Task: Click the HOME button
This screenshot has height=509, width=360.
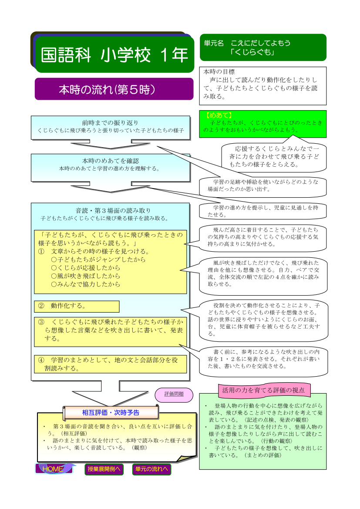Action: coord(54,469)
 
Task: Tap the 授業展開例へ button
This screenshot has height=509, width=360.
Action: coord(104,469)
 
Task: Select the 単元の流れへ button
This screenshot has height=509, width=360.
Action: coord(151,469)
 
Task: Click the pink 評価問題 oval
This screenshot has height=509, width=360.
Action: coord(174,395)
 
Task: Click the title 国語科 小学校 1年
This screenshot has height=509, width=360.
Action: coord(114,54)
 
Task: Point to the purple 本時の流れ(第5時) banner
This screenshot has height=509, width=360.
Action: coord(114,89)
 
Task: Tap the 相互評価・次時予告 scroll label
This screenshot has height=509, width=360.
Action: coord(111,413)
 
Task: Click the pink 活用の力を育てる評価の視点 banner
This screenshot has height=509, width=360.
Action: coord(263,390)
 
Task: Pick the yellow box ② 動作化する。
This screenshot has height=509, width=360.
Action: coord(77,306)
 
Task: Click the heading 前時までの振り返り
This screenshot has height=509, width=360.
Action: coord(111,123)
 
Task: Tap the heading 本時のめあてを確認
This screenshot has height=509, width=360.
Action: coord(111,161)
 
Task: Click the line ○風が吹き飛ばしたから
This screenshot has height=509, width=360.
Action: coord(86,276)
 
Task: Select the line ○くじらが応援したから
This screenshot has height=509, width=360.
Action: coord(86,268)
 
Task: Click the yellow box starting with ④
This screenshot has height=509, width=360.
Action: coord(111,364)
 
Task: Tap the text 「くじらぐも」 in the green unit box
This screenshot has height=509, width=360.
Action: coord(252,52)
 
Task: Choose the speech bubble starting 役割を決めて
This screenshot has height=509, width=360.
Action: coord(263,320)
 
